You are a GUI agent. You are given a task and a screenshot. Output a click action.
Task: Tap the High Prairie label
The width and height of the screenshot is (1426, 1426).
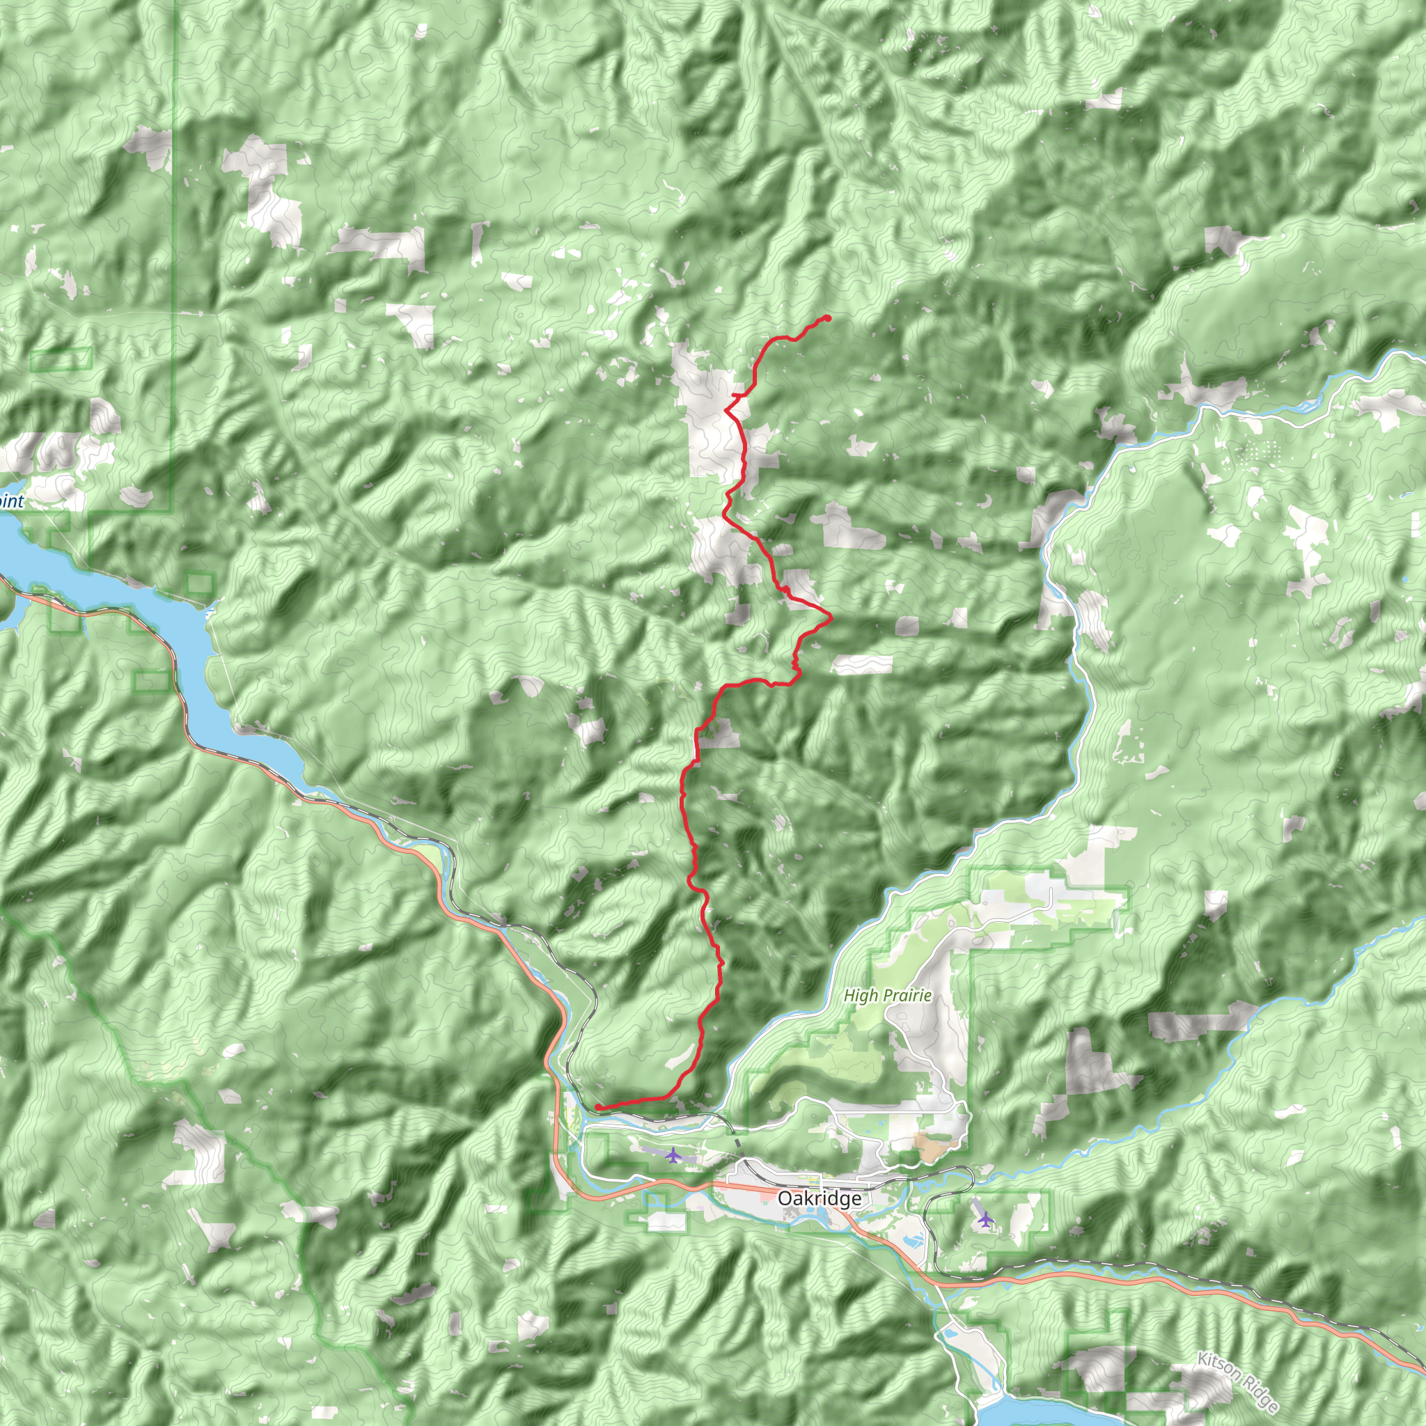887,996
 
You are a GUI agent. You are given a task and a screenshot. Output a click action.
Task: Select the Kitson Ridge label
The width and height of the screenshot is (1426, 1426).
1238,1381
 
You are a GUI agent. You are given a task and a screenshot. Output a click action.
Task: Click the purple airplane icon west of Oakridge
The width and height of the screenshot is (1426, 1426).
673,1155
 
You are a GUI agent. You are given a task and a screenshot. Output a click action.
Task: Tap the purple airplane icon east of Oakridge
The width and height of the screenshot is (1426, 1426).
985,1219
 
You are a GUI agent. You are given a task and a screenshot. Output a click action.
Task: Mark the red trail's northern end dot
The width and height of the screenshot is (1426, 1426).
827,318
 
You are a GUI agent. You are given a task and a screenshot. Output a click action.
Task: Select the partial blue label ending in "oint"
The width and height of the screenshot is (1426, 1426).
11,502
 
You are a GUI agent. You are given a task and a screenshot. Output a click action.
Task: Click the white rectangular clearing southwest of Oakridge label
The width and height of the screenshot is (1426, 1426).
666,1222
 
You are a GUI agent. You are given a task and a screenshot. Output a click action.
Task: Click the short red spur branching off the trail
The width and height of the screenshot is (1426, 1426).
735,396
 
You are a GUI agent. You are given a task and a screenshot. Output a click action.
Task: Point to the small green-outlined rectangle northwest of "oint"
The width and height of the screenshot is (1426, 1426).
61,359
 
